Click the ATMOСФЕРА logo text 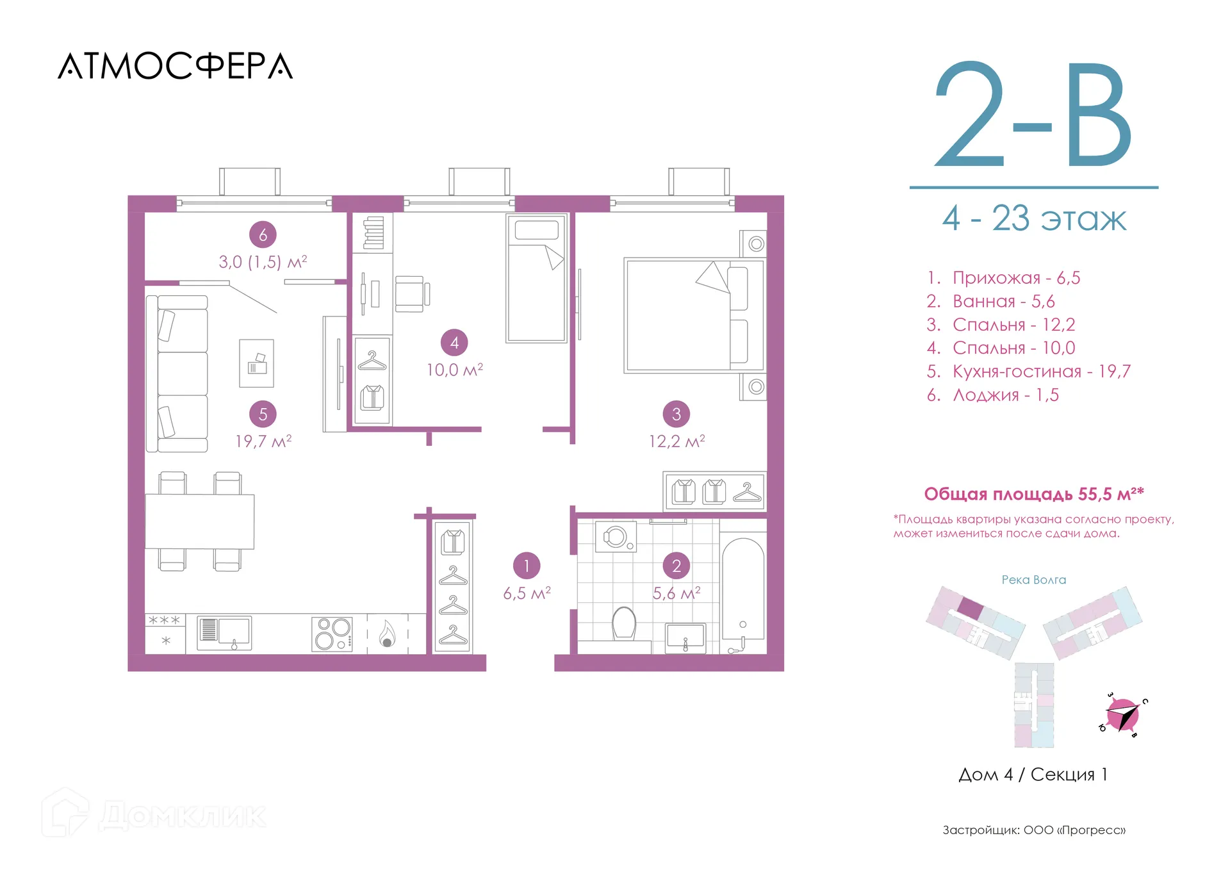[176, 66]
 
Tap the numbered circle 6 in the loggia [263, 234]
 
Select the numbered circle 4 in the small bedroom [454, 343]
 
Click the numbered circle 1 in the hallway [527, 566]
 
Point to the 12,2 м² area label [676, 441]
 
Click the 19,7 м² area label [263, 441]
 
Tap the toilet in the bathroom [624, 623]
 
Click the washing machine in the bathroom [616, 537]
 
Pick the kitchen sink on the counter [224, 633]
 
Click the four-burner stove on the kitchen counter [332, 634]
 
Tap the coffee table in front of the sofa [256, 363]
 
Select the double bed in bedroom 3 [694, 315]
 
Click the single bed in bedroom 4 [537, 278]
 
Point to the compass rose [1122, 714]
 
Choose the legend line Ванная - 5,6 [990, 301]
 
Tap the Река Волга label [1034, 580]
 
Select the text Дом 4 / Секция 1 [1033, 775]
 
